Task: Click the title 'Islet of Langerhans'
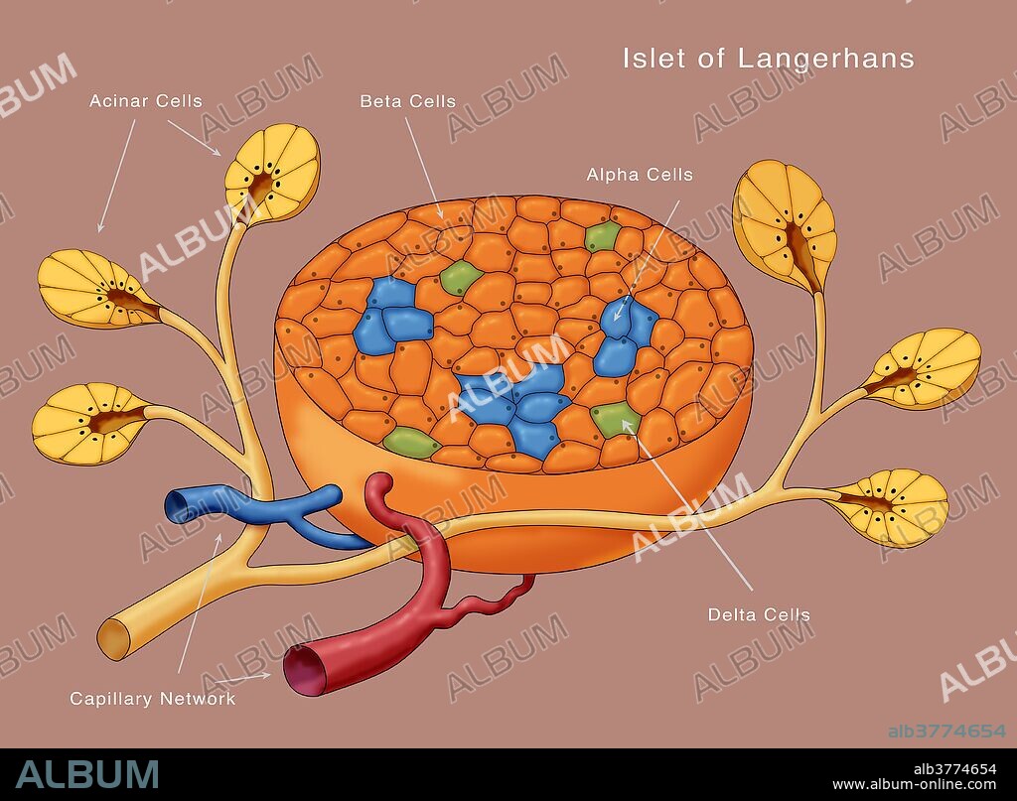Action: pos(768,59)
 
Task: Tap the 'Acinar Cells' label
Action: pos(145,101)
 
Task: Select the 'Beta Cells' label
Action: pos(407,101)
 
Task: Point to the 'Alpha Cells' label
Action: pos(640,175)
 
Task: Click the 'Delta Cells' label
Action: pos(759,614)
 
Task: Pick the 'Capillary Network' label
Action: pos(153,698)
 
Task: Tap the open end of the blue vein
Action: pos(178,506)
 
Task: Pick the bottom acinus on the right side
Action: pos(890,507)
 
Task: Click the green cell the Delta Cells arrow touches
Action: pos(616,419)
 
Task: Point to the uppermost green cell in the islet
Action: pos(602,235)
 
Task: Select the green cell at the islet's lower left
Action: pos(410,443)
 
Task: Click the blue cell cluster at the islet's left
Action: pos(390,316)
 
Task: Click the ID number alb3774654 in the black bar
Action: pos(954,768)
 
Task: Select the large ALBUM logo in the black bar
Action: pos(86,773)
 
